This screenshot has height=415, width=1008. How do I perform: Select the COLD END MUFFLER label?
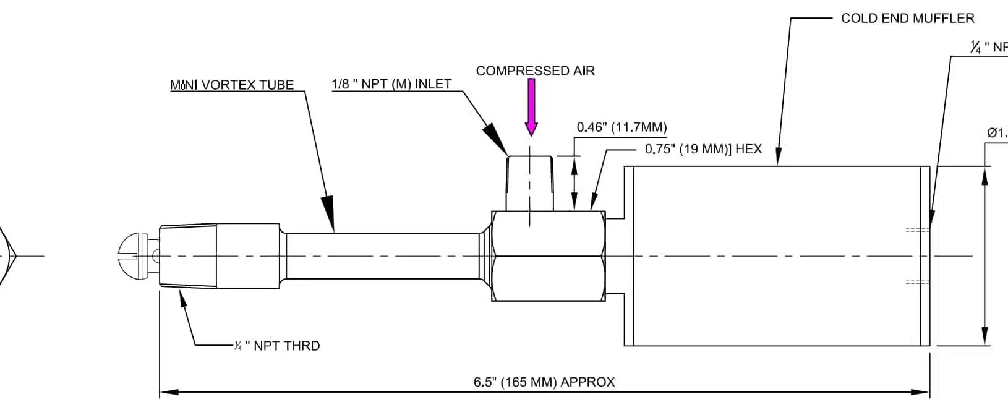tap(907, 19)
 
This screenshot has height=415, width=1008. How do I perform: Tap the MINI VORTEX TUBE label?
tap(232, 85)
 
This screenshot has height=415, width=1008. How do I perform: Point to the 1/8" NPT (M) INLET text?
tap(392, 84)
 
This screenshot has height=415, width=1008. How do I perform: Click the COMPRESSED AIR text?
tap(535, 71)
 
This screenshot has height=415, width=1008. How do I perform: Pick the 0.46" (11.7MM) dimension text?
tap(621, 127)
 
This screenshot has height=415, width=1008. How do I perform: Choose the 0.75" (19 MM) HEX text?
tap(703, 149)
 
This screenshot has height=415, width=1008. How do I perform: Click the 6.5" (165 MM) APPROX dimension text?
tap(544, 382)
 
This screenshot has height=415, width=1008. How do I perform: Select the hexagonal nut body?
tap(548, 256)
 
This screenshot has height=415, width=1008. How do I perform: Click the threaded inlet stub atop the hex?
tap(530, 183)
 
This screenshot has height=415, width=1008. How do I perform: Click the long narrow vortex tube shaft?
tap(380, 255)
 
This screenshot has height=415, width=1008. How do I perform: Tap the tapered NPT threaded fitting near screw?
tap(188, 255)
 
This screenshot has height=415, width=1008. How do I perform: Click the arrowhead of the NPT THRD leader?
tap(182, 299)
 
